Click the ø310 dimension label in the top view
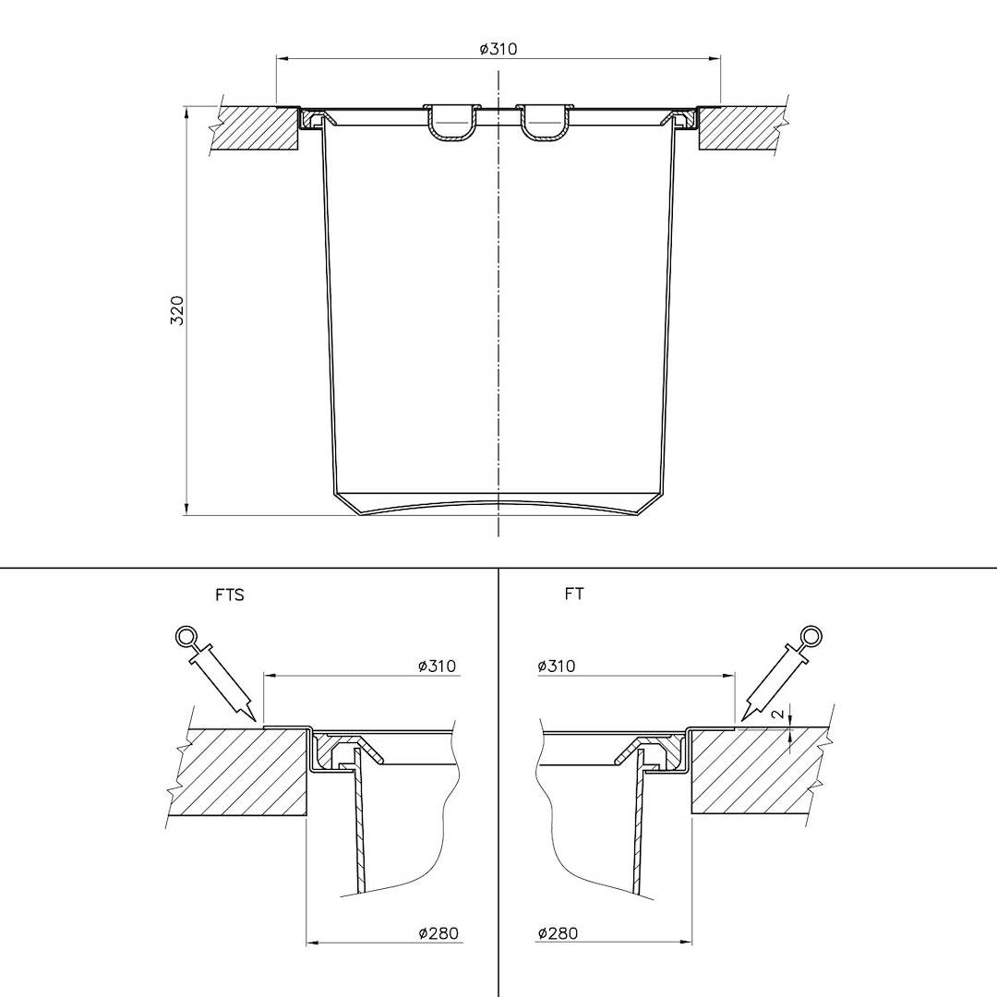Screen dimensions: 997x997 (x=498, y=49)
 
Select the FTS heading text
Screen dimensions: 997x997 (x=230, y=595)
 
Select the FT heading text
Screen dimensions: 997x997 (x=573, y=594)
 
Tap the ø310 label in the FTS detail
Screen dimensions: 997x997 (x=437, y=666)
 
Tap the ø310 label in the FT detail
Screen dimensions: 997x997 (x=557, y=666)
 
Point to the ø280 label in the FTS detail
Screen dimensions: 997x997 (x=438, y=933)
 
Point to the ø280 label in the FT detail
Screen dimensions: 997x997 (x=558, y=933)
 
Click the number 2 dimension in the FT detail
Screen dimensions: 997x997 (x=777, y=714)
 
